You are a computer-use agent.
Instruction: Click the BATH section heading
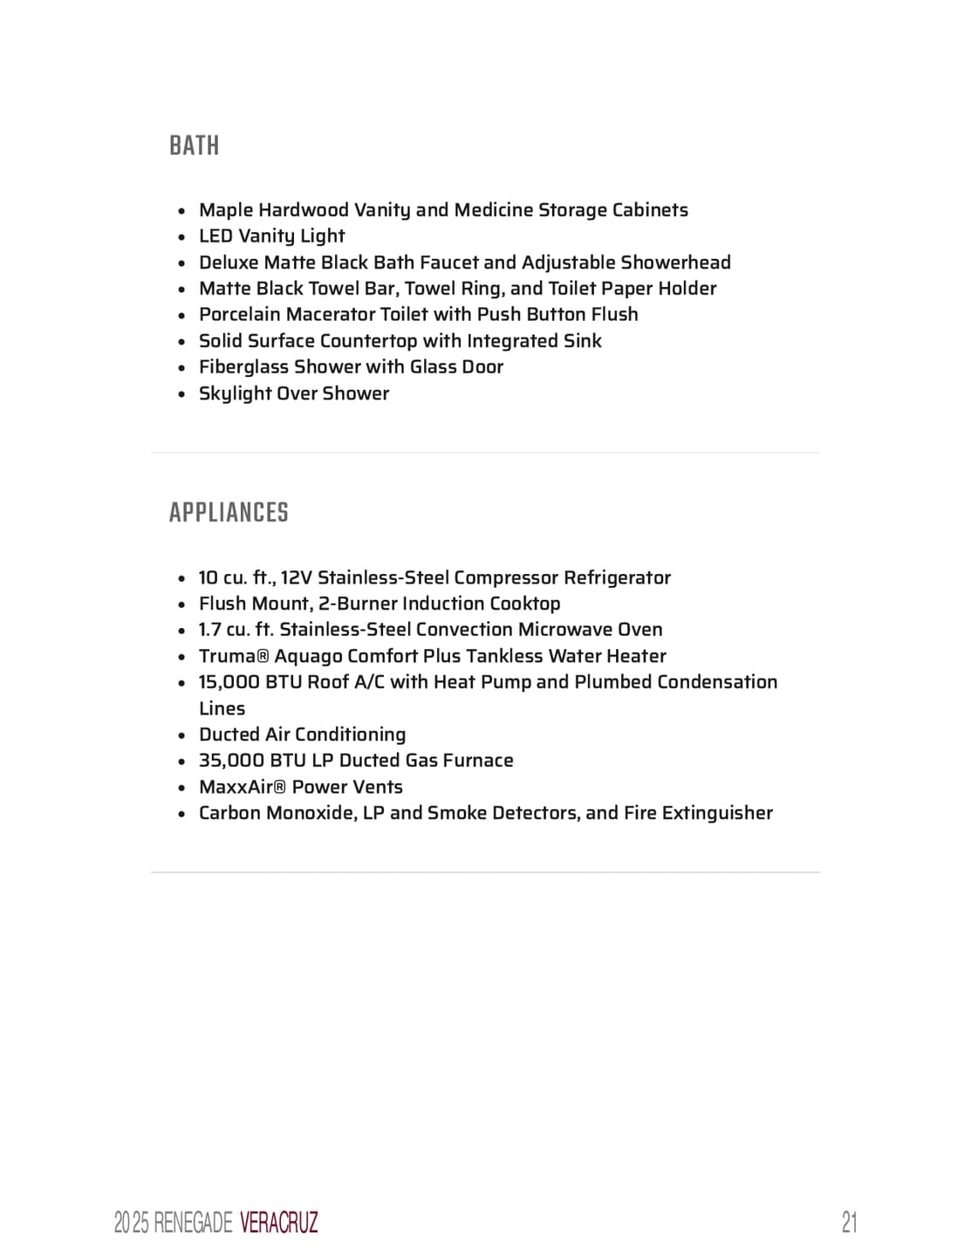click(195, 146)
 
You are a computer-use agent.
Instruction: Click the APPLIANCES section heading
click(229, 513)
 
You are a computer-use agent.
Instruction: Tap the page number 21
click(849, 1222)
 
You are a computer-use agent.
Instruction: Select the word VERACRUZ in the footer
click(278, 1223)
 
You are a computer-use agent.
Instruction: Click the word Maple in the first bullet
click(226, 210)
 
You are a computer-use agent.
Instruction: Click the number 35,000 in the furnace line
click(231, 761)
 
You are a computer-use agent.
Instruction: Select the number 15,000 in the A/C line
click(229, 682)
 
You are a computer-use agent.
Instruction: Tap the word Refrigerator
click(617, 577)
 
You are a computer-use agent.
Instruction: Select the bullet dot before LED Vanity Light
click(181, 237)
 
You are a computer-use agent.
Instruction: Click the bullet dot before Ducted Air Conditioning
click(181, 735)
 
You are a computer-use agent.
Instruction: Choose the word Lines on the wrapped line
click(222, 708)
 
